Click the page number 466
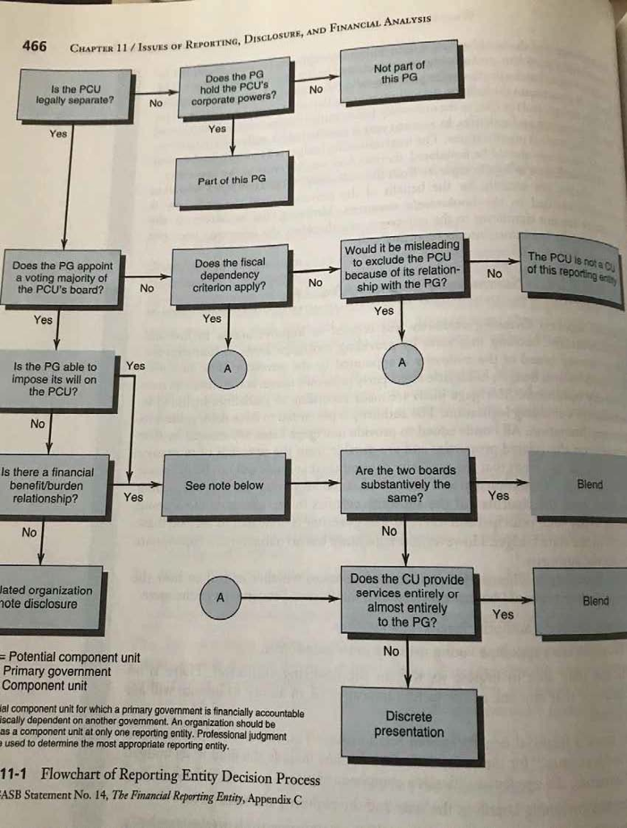click(x=35, y=46)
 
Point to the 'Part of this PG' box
click(x=231, y=180)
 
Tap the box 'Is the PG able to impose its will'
click(x=55, y=378)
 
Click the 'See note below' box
click(x=224, y=485)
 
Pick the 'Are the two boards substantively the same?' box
click(x=405, y=484)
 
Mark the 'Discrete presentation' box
click(x=409, y=724)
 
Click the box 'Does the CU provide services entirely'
click(x=407, y=601)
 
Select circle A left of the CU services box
click(x=221, y=598)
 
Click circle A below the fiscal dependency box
click(x=227, y=368)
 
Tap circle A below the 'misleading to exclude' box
click(x=402, y=362)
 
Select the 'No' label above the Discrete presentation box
click(x=391, y=651)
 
